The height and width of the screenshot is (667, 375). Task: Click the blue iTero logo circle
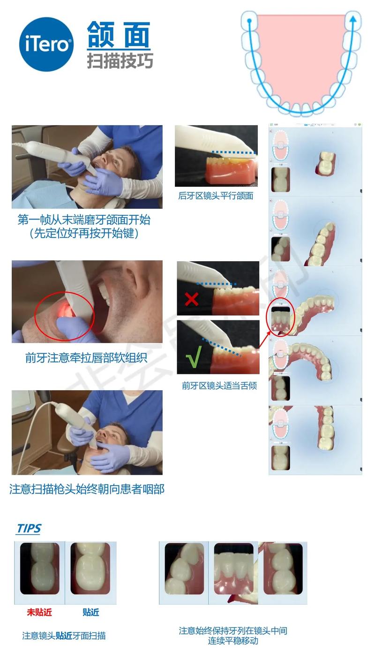pos(46,44)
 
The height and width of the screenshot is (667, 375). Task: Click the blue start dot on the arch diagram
pos(249,21)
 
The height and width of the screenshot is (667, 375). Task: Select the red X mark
pos(191,298)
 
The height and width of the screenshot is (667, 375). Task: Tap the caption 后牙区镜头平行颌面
pos(216,196)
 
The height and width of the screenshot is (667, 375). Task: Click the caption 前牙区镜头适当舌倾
pos(219,386)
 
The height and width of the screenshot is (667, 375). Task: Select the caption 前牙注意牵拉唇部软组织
pos(86,358)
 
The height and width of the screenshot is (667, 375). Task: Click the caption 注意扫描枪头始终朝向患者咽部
pos(87,489)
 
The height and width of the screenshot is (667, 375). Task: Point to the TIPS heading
pos(29,529)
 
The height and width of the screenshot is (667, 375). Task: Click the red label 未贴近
pos(39,612)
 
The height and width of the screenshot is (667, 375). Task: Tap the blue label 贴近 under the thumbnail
pos(90,612)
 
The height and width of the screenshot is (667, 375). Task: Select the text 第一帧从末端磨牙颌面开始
pos(84,220)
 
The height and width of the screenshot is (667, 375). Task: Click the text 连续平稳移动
pos(233,641)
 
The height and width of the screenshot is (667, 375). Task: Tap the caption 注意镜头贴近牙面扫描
pos(64,636)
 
